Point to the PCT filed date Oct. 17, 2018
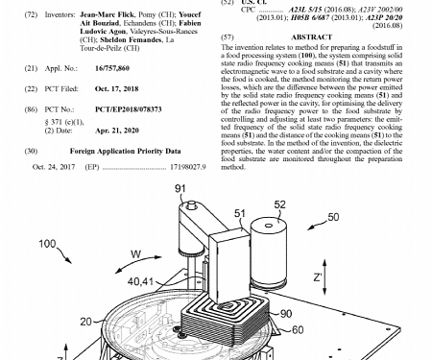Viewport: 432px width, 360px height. [x=117, y=87]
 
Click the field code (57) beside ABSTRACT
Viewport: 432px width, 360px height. [x=228, y=36]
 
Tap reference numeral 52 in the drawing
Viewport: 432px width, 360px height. [x=279, y=204]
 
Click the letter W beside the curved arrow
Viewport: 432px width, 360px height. [x=135, y=253]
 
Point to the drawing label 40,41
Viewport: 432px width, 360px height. [x=141, y=281]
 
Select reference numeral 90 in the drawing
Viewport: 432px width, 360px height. [x=284, y=312]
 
